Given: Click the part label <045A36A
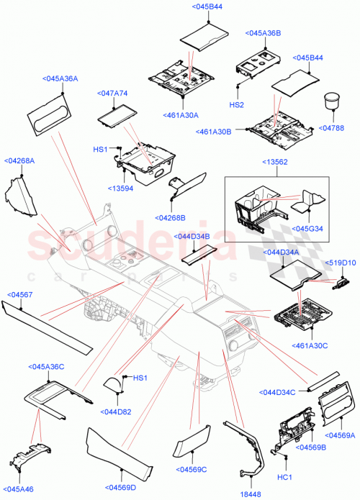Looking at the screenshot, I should [x=60, y=79].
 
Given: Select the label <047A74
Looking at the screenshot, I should [x=112, y=94].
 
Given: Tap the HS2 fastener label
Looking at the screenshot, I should [x=236, y=105].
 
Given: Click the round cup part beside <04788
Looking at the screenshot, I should [x=333, y=101].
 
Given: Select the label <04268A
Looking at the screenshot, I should [x=19, y=161].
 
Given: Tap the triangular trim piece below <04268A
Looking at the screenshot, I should [x=20, y=199].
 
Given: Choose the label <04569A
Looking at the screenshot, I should [x=340, y=435].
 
